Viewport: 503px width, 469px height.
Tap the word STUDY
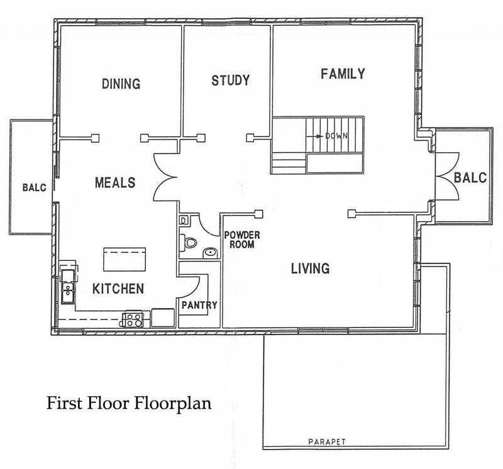[230, 80]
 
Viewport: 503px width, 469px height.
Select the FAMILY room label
[343, 74]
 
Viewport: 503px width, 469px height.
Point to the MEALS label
[115, 182]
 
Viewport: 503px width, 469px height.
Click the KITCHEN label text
[119, 289]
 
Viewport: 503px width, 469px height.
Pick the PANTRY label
[199, 306]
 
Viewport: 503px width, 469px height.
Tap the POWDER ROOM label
[240, 240]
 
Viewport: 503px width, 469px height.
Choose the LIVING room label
[310, 269]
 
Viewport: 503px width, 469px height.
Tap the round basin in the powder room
[211, 253]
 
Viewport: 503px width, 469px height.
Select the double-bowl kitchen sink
[67, 285]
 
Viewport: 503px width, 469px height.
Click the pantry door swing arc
[192, 283]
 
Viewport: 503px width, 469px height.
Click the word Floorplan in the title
[174, 403]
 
